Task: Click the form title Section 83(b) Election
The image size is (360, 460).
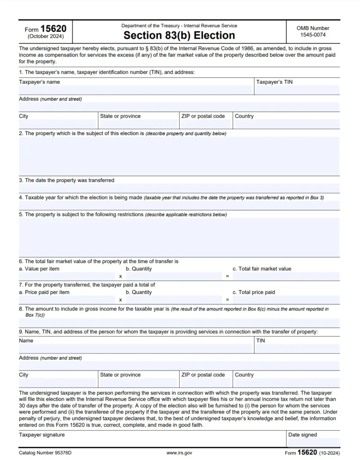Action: [x=179, y=35]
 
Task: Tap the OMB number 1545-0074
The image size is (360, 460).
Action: [x=313, y=35]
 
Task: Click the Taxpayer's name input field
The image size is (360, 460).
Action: [x=136, y=90]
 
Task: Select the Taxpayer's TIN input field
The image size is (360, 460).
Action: [x=297, y=90]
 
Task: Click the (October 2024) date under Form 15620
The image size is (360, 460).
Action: [x=45, y=36]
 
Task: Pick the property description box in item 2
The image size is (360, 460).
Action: [x=179, y=156]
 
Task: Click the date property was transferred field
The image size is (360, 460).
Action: [x=179, y=188]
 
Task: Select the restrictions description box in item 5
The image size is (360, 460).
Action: [x=179, y=237]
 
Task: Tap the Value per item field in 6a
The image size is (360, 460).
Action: [x=67, y=276]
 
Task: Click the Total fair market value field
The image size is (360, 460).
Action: [x=286, y=276]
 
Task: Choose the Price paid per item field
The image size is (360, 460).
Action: [x=67, y=300]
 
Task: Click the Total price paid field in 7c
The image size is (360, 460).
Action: [x=286, y=300]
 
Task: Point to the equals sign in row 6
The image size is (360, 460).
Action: [x=228, y=276]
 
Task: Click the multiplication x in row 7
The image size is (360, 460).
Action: [x=120, y=300]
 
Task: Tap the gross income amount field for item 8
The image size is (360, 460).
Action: [x=179, y=323]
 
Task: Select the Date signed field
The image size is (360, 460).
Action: [x=313, y=442]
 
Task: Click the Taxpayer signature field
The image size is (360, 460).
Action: [x=152, y=442]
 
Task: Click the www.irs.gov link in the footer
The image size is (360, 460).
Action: [x=179, y=453]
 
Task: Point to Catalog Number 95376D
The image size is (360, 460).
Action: [x=45, y=453]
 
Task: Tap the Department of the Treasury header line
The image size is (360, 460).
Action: [x=179, y=26]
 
